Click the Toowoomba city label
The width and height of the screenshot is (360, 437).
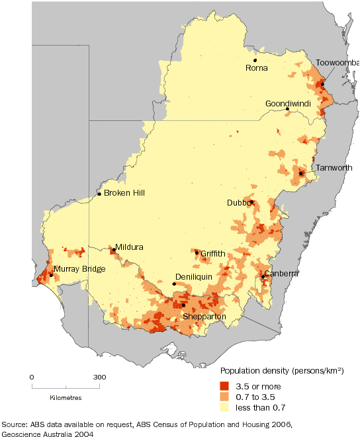(x=337, y=62)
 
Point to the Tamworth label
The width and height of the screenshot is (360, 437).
(x=334, y=168)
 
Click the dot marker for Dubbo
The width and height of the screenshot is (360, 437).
(x=251, y=202)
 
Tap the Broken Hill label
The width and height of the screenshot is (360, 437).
(x=124, y=193)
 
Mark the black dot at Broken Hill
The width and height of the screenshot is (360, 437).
(x=99, y=194)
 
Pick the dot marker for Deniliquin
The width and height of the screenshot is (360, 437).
(x=174, y=284)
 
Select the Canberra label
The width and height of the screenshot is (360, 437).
(x=281, y=273)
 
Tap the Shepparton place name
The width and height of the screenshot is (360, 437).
(x=205, y=317)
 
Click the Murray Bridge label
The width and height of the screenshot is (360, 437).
(x=76, y=269)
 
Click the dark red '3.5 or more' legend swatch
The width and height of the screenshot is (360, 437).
(x=224, y=386)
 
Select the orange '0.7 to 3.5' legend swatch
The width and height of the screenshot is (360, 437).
(x=224, y=397)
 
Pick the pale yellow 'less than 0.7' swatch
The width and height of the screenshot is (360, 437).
(x=224, y=409)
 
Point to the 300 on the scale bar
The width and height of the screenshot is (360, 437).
(x=99, y=377)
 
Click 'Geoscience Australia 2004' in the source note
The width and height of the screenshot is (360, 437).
(x=46, y=434)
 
